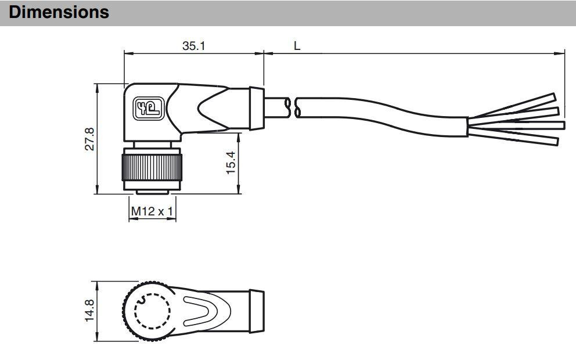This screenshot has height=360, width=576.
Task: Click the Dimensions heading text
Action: (59, 12)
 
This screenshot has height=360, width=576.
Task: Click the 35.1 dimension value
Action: (193, 46)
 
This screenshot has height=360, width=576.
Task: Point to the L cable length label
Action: (297, 46)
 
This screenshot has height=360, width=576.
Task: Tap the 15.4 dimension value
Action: (231, 163)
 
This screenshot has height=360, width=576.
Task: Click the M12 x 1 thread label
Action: (152, 211)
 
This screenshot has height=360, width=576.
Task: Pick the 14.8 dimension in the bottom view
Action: (89, 311)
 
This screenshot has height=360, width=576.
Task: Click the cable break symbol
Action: (293, 107)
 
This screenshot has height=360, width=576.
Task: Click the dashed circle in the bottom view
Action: (153, 311)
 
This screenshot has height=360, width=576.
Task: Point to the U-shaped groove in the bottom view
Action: (200, 311)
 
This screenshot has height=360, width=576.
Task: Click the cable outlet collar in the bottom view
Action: (256, 311)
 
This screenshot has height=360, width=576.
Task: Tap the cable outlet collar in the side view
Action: (256, 109)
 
